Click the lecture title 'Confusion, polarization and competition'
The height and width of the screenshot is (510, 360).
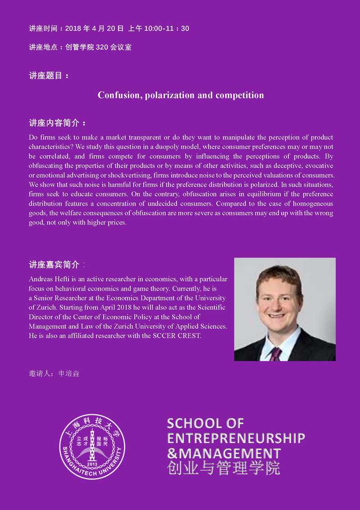tap(181, 95)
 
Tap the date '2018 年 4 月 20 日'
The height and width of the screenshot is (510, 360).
tap(94, 29)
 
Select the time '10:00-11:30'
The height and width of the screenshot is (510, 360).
tap(167, 29)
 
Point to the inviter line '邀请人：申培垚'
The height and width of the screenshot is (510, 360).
tap(54, 374)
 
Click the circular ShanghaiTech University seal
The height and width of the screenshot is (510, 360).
tap(92, 446)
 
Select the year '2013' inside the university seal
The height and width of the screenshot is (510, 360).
tap(92, 464)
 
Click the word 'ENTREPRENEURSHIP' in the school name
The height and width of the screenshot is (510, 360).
tap(236, 438)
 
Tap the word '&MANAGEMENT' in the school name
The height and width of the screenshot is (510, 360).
tap(223, 453)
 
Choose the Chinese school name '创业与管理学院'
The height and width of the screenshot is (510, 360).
tap(223, 468)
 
